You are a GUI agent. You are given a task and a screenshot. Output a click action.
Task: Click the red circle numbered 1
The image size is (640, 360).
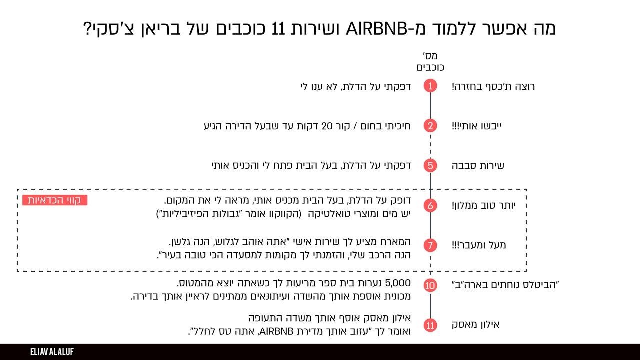pyautogui.click(x=430, y=86)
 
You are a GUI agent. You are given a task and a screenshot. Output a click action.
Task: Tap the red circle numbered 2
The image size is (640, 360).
pyautogui.click(x=430, y=126)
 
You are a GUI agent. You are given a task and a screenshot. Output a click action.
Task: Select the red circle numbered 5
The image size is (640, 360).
pyautogui.click(x=430, y=165)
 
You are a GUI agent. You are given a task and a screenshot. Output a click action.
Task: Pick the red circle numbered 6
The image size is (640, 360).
pyautogui.click(x=430, y=205)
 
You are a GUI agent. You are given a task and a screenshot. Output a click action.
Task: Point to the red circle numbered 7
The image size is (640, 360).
pyautogui.click(x=430, y=245)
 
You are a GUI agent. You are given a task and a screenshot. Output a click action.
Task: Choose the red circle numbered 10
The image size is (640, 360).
pyautogui.click(x=430, y=285)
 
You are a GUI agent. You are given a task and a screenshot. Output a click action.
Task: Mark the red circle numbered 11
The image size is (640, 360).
pyautogui.click(x=430, y=325)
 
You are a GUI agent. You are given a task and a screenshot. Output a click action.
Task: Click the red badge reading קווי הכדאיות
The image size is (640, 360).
pyautogui.click(x=55, y=200)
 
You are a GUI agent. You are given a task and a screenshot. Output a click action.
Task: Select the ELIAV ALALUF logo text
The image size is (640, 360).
pyautogui.click(x=52, y=352)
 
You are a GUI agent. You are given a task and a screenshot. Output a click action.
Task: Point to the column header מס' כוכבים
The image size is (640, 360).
pyautogui.click(x=430, y=61)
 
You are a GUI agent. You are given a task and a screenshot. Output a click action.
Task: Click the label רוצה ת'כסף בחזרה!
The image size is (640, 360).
pyautogui.click(x=493, y=86)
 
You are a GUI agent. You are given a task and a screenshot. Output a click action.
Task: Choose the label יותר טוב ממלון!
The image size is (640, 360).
pyautogui.click(x=484, y=205)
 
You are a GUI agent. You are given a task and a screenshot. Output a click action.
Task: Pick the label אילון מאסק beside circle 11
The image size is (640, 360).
pyautogui.click(x=475, y=325)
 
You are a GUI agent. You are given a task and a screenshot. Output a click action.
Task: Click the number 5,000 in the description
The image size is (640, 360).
pyautogui.click(x=398, y=283)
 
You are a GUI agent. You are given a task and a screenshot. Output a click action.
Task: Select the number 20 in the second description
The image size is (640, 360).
pyautogui.click(x=327, y=126)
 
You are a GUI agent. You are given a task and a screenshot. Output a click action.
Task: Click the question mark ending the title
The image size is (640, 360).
pyautogui.click(x=87, y=29)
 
